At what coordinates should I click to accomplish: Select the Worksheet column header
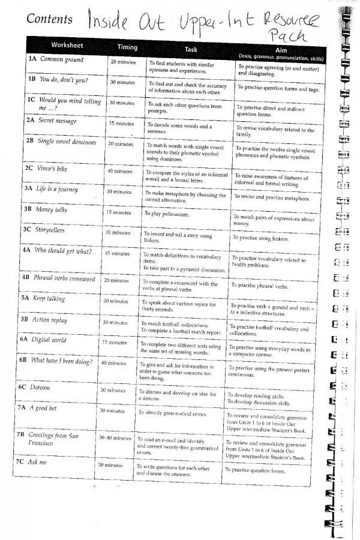67,46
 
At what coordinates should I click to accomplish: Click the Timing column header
127,47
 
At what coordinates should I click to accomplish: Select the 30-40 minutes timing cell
115,438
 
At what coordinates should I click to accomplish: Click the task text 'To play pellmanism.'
165,214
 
